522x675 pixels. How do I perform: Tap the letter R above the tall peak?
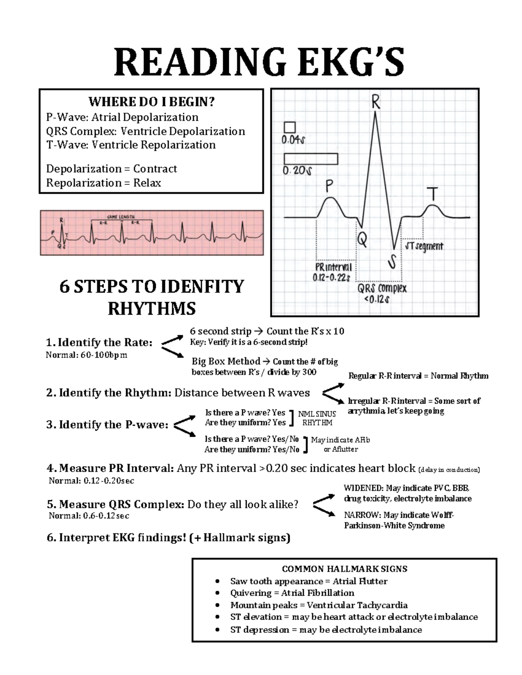(375, 103)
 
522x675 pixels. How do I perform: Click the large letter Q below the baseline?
(362, 239)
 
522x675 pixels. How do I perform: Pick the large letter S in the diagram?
(392, 263)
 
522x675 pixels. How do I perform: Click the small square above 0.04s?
(289, 127)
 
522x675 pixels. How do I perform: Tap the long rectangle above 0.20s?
(311, 159)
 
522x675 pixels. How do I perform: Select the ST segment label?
(424, 246)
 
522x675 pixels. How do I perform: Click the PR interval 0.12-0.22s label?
(333, 272)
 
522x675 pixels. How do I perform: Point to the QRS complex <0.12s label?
(382, 294)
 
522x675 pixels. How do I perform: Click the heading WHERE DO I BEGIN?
(151, 102)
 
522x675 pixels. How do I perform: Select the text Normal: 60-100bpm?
(87, 355)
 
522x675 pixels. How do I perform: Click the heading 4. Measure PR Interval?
(110, 469)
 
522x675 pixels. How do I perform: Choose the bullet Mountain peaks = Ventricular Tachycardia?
(319, 605)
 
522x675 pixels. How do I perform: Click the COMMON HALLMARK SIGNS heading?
(345, 569)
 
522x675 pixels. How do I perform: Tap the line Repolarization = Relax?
(104, 183)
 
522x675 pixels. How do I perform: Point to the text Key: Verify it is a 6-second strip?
(249, 342)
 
